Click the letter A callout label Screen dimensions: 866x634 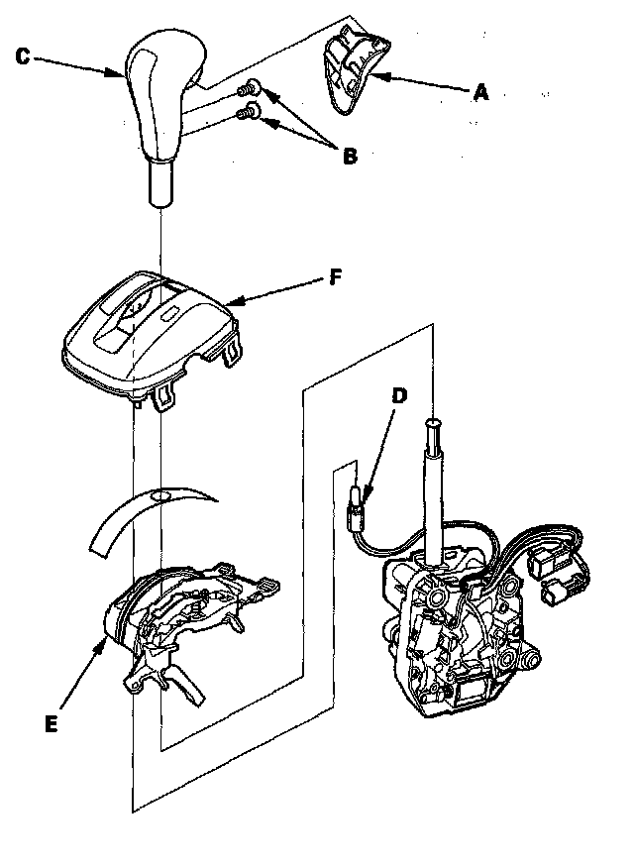tap(481, 92)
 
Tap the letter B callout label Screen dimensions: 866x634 tap(348, 156)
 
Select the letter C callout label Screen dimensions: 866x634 tap(23, 56)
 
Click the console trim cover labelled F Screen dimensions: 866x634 tap(149, 332)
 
